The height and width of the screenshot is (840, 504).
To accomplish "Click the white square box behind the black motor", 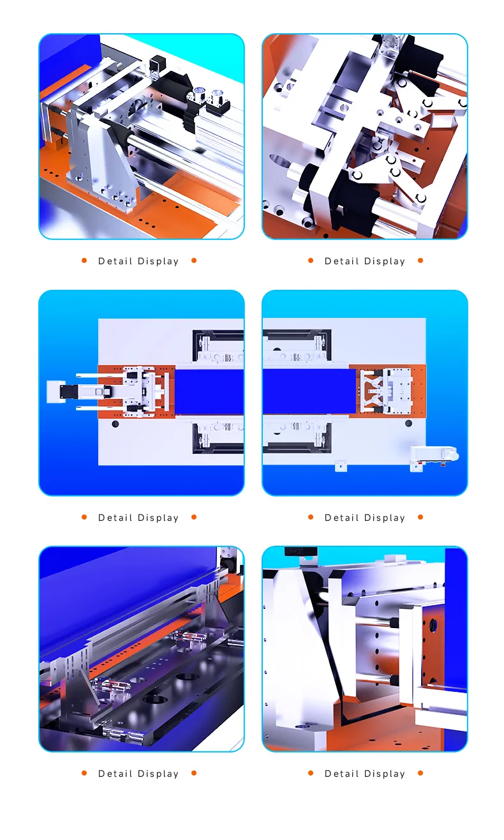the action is coord(56,392).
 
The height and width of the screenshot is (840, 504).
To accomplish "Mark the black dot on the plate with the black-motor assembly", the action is coord(115,424).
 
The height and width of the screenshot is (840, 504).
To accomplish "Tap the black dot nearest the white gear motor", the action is coord(408,423).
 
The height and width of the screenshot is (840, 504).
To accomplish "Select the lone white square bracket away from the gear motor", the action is coord(341,466).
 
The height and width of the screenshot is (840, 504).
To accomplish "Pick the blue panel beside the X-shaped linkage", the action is coord(309,391).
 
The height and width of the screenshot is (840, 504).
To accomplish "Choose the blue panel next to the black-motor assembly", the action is coord(209,392).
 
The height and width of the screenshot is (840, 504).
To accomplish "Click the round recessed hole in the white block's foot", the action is coord(302,726).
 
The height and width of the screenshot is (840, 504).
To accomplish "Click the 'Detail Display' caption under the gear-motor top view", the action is coord(365,518).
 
